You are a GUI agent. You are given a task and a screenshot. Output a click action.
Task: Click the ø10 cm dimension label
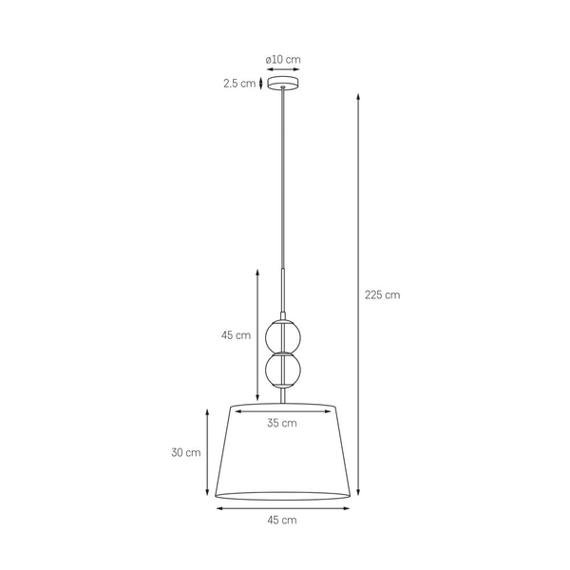(283, 59)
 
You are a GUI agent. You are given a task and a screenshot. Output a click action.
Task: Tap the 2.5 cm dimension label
(239, 84)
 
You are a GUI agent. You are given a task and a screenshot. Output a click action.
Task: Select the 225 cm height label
(383, 294)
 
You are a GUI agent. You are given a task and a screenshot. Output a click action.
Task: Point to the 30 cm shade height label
(186, 453)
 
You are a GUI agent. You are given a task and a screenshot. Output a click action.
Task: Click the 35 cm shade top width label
(282, 424)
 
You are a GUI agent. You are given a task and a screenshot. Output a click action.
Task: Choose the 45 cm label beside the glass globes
(236, 335)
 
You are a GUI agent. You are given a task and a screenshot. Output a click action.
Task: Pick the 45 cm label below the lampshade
(282, 520)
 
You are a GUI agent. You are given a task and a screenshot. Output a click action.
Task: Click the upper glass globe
(282, 335)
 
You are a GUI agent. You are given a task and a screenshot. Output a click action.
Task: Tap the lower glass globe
(282, 371)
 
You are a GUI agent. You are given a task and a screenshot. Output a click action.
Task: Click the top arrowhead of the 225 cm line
(358, 96)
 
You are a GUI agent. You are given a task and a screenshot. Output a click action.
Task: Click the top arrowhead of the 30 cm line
(208, 409)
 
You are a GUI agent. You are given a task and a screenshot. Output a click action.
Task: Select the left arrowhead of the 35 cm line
(237, 411)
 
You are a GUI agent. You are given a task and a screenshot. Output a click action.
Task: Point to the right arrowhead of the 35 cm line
(328, 411)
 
